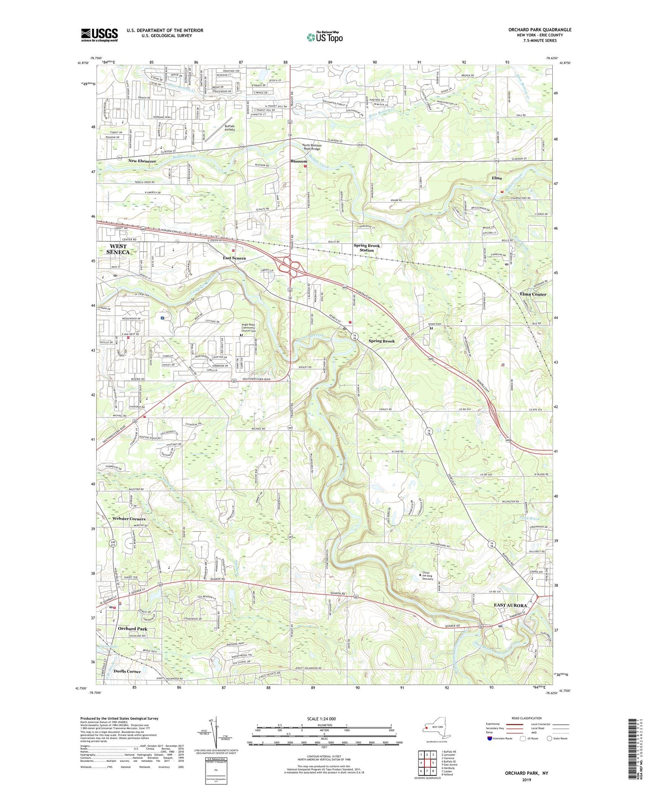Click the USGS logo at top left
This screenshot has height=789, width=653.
[99, 35]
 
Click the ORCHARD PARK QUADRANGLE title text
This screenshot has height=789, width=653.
[540, 30]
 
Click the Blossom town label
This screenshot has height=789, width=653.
[299, 161]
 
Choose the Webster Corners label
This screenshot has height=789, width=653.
[129, 519]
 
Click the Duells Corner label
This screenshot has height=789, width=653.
[127, 672]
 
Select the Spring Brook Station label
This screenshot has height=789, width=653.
[366, 248]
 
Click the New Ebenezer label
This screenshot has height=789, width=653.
[142, 161]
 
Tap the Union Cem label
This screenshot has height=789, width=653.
[435, 324]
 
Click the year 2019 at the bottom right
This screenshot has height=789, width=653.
[526, 780]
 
